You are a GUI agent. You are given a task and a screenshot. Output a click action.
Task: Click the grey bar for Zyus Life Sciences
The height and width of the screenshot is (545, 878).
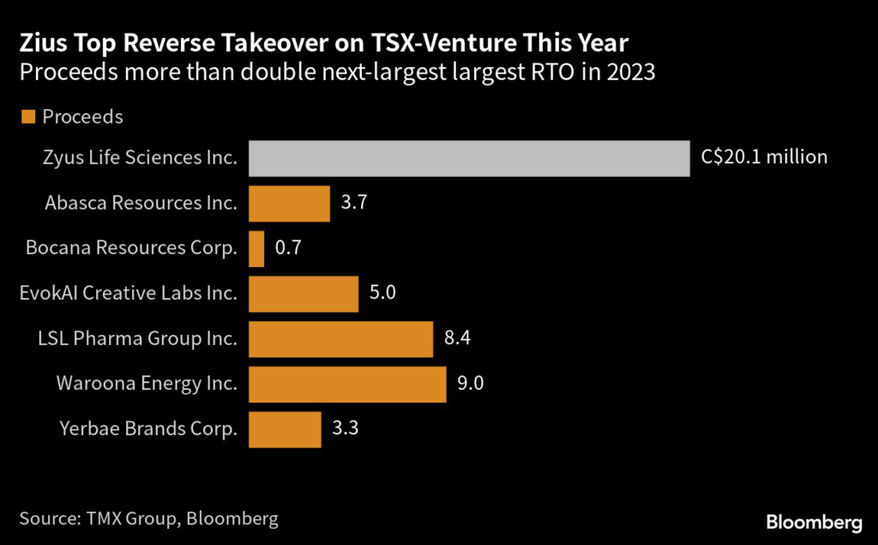click(x=469, y=158)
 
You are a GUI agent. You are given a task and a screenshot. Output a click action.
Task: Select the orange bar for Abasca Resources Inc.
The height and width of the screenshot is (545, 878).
click(x=289, y=203)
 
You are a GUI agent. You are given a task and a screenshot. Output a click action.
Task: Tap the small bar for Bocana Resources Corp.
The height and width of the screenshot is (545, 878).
click(x=256, y=249)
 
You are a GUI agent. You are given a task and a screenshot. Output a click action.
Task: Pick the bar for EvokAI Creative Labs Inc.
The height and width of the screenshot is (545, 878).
click(x=304, y=294)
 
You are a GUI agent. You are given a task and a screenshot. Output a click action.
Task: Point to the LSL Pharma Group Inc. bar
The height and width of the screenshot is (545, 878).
click(x=340, y=339)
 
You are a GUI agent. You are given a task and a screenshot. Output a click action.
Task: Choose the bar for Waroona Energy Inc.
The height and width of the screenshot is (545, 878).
click(x=347, y=384)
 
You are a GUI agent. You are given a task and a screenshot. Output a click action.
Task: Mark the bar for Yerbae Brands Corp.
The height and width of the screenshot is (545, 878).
click(x=285, y=429)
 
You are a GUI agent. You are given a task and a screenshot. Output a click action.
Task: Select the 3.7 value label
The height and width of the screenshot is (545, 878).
click(x=352, y=203)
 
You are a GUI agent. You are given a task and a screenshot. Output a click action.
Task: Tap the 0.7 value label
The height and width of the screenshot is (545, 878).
click(x=287, y=249)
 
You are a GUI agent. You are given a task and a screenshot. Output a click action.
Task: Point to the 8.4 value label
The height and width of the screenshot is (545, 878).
click(x=456, y=339)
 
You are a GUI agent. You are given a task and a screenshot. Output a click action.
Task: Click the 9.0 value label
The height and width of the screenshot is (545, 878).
click(x=470, y=384)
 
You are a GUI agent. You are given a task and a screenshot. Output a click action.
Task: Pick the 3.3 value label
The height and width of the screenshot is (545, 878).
click(x=344, y=429)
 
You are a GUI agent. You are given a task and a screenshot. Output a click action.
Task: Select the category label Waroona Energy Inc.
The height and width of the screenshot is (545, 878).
click(x=147, y=384)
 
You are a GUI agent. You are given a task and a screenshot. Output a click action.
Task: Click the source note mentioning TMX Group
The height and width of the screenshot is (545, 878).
click(x=147, y=518)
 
